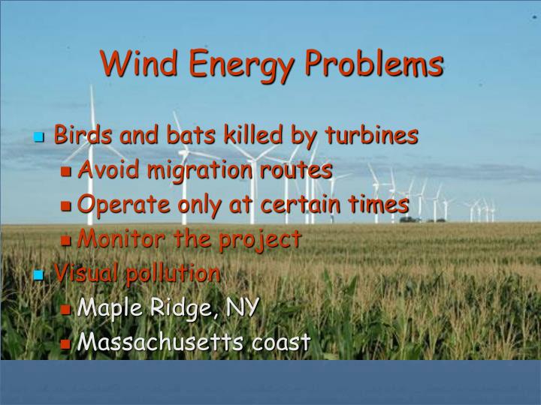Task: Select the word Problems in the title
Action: pos(374,64)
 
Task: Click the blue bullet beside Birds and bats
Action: pos(40,138)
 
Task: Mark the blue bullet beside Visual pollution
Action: pos(40,275)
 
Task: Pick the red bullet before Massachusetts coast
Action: pos(66,344)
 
